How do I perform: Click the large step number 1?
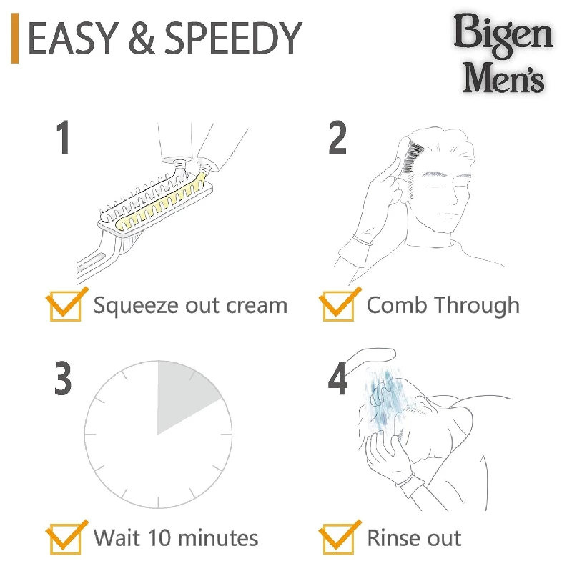click(x=64, y=138)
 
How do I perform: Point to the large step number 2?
click(x=338, y=138)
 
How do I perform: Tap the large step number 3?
click(x=64, y=379)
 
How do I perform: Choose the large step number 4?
click(x=338, y=379)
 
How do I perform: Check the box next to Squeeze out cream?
click(x=64, y=306)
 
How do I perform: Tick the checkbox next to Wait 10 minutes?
click(x=64, y=538)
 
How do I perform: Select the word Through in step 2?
click(x=478, y=305)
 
